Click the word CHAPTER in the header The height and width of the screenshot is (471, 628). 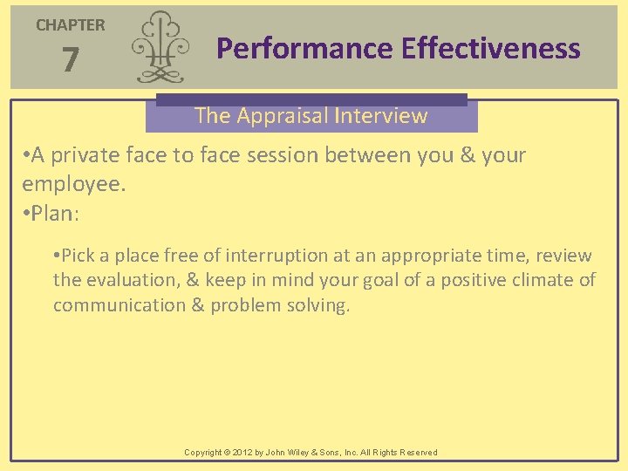70,25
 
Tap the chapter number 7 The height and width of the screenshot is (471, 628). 71,61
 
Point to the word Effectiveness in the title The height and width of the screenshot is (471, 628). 491,48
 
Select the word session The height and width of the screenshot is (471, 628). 277,156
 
